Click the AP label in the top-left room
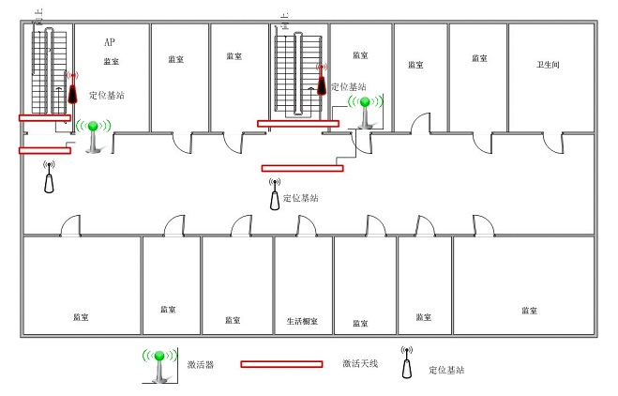click(110, 43)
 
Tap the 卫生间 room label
click(549, 65)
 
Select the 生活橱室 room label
click(302, 321)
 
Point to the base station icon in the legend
click(407, 363)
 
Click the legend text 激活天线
click(359, 364)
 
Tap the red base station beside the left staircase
click(71, 90)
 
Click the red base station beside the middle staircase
click(322, 81)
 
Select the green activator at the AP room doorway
click(94, 134)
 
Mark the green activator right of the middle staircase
click(365, 110)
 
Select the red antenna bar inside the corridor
click(302, 169)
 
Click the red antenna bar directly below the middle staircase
click(298, 124)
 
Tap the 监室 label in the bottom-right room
click(530, 311)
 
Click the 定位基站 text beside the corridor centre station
click(301, 199)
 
